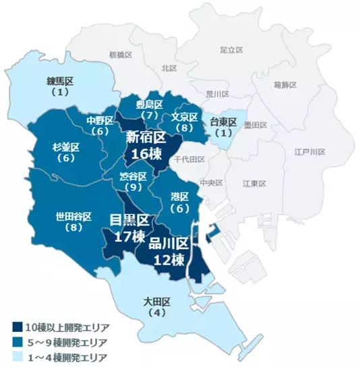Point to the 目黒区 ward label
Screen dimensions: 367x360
[129, 220]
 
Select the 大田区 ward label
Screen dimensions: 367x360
[159, 301]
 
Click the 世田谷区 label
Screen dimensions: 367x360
[73, 217]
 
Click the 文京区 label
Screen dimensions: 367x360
[183, 116]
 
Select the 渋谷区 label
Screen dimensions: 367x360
[133, 176]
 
